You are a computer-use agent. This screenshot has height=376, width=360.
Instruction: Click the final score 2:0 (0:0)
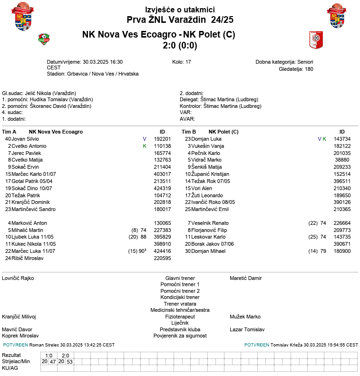(x=180, y=46)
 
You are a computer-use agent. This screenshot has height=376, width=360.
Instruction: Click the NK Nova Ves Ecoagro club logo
(x=44, y=39)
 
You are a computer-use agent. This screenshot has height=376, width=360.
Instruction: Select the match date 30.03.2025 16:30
(x=103, y=62)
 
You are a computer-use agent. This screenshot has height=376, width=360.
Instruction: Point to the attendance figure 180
(x=309, y=69)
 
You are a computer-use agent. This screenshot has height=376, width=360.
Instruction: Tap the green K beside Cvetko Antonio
(x=145, y=146)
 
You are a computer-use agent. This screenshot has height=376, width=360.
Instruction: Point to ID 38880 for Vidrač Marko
(x=342, y=160)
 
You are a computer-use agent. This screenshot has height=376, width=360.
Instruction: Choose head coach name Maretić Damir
(x=246, y=278)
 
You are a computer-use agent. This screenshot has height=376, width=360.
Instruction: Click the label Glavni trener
(x=180, y=278)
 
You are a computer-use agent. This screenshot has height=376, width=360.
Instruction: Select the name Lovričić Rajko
(x=18, y=278)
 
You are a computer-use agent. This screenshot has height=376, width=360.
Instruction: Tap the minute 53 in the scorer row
(x=69, y=362)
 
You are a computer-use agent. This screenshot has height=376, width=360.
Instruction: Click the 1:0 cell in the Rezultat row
(x=49, y=356)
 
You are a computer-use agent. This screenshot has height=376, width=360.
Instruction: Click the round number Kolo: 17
(x=182, y=62)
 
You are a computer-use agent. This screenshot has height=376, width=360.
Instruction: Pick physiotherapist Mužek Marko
(x=245, y=317)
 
